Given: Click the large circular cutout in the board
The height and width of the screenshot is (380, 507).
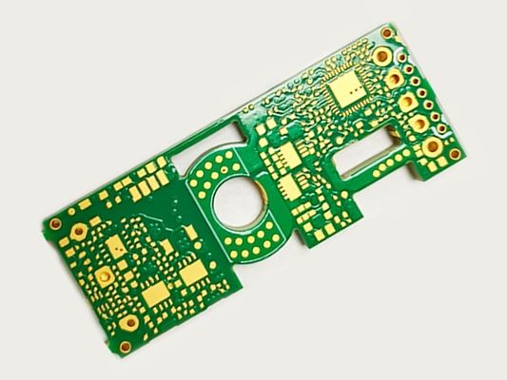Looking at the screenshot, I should (236, 200).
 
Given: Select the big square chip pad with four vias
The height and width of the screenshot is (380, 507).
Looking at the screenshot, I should (347, 89).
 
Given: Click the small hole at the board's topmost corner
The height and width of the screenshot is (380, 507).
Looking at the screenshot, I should (386, 33).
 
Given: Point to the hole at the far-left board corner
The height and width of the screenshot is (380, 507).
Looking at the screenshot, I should (55, 224).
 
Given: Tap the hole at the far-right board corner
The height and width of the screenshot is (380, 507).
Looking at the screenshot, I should (455, 153).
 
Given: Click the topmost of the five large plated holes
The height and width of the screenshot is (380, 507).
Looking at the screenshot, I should (381, 55).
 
